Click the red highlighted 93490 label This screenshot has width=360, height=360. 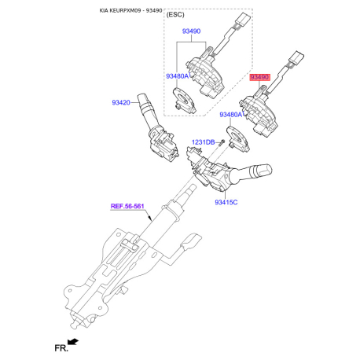point(259,77)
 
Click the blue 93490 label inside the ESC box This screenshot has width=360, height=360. point(191,31)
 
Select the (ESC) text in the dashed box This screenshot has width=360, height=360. point(175,15)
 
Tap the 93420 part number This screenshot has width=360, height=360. point(121,102)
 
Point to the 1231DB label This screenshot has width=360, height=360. point(204,142)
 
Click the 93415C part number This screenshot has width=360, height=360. point(226,202)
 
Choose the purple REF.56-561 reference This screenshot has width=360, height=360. point(127,206)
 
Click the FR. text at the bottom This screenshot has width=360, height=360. point(61,348)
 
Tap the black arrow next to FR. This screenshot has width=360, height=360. point(73,342)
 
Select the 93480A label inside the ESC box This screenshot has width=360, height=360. point(178,76)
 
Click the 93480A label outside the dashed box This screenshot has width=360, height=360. point(231,115)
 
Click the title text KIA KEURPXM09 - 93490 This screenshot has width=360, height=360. point(130,10)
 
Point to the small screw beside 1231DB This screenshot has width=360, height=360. point(222,142)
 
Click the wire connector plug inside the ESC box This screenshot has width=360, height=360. point(243,18)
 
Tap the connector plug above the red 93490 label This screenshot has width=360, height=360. point(296,57)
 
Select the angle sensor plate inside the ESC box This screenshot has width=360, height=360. point(185,101)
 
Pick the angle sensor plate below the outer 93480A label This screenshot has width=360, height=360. point(238,139)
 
